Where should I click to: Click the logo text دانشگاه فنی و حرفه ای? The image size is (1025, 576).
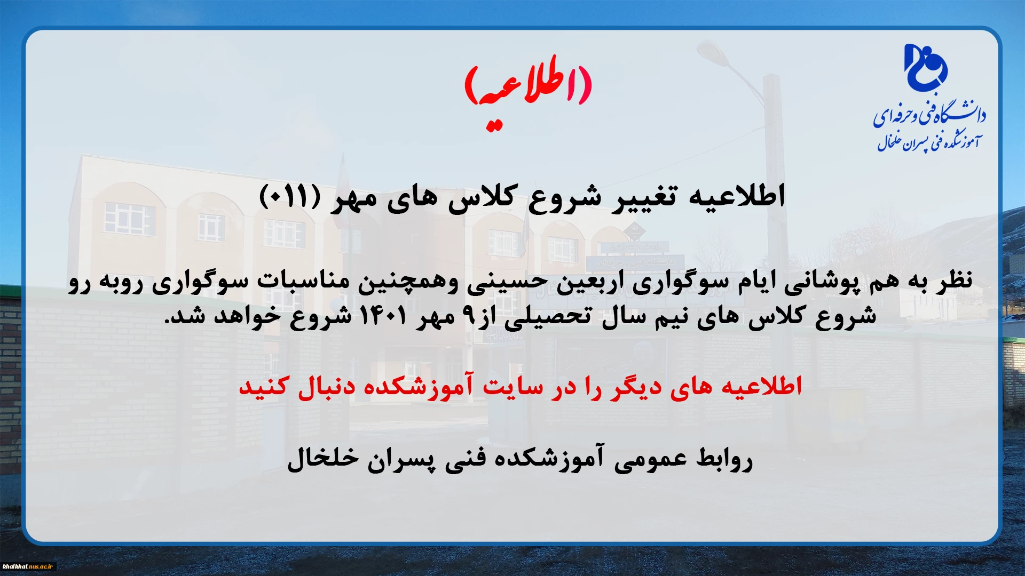(929, 114)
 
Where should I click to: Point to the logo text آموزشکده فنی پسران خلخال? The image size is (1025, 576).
(929, 141)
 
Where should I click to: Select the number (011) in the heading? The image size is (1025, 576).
(290, 196)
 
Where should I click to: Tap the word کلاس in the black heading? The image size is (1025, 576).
(480, 197)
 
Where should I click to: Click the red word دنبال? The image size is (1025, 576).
(325, 387)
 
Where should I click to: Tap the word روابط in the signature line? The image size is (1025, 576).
(724, 459)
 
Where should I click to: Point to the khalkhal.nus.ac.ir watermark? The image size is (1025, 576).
(28, 566)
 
